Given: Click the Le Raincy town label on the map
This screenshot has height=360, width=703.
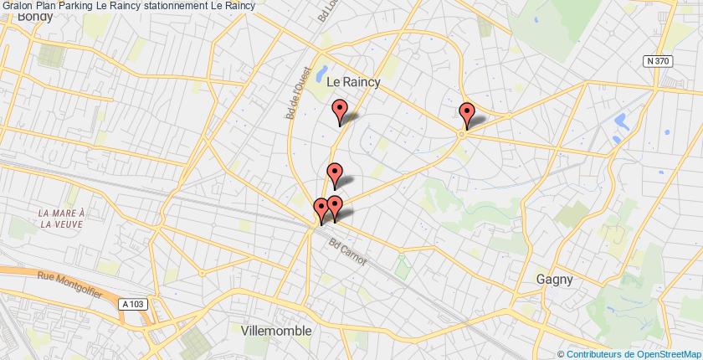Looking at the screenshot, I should tap(352, 81).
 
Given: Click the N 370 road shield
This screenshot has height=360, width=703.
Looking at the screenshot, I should tap(659, 62).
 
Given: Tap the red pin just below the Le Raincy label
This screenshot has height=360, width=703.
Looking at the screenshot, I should tap(340, 111).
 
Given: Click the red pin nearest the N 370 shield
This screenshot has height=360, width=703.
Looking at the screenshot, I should tap(467, 114).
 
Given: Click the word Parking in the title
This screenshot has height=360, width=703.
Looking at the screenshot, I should tap(76, 6).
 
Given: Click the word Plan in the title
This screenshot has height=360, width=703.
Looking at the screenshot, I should tap(44, 6).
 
